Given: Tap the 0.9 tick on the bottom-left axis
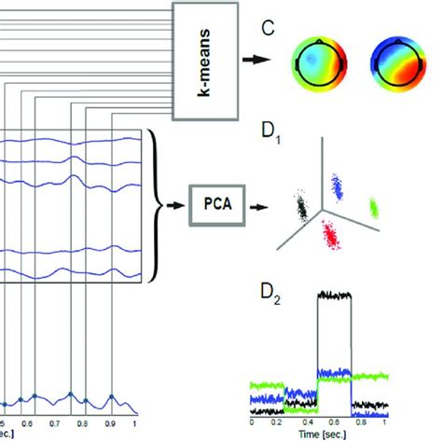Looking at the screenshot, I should pos(111,421).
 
